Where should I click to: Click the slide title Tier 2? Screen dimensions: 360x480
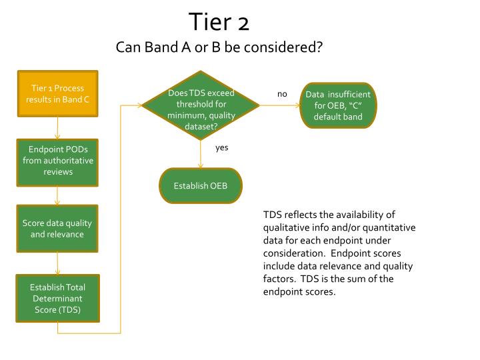(x=219, y=22)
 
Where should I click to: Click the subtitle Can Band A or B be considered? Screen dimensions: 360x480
(x=219, y=48)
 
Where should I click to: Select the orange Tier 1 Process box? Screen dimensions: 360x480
(x=57, y=94)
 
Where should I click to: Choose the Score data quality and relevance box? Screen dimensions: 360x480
(x=57, y=229)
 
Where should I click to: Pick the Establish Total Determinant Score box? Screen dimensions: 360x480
(x=57, y=299)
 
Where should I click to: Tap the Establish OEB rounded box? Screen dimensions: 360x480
(x=200, y=185)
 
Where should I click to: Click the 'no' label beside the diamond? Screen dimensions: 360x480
(x=282, y=94)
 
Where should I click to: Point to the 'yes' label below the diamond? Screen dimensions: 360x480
(x=222, y=147)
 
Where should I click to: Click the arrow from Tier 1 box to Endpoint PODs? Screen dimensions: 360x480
(x=58, y=128)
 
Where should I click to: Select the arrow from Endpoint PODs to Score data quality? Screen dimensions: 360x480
(x=58, y=195)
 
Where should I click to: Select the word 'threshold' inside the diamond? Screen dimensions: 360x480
(x=201, y=105)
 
